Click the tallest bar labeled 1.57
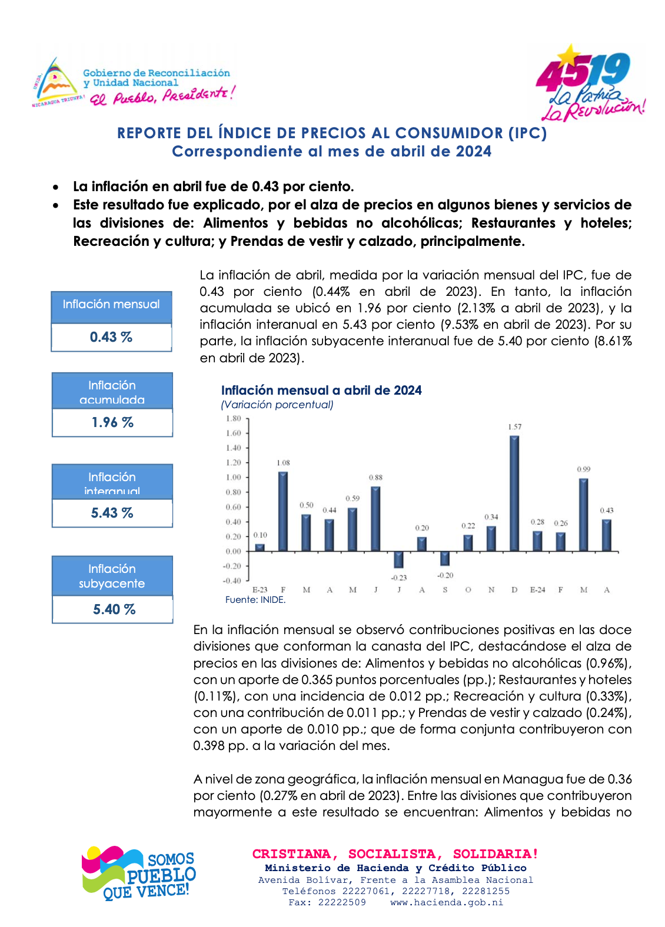pyautogui.click(x=514, y=493)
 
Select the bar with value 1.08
pyautogui.click(x=283, y=511)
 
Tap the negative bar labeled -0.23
pyautogui.click(x=398, y=559)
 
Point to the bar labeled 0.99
pyautogui.click(x=583, y=515)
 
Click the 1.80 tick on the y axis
pyautogui.click(x=234, y=419)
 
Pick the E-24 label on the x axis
pyautogui.click(x=537, y=590)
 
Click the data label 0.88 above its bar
pyautogui.click(x=375, y=478)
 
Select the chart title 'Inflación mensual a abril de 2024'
pyautogui.click(x=321, y=391)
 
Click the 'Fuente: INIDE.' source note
pyautogui.click(x=255, y=600)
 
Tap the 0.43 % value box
pyautogui.click(x=111, y=338)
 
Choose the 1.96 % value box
pyautogui.click(x=112, y=423)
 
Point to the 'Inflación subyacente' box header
pyautogui.click(x=112, y=576)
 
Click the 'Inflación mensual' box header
pyautogui.click(x=111, y=305)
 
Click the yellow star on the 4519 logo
pyautogui.click(x=568, y=55)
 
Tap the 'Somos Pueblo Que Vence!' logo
pyautogui.click(x=139, y=873)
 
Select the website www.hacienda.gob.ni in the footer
pyautogui.click(x=447, y=902)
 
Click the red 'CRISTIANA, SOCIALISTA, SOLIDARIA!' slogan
pyautogui.click(x=395, y=853)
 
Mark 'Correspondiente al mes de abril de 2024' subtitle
pyautogui.click(x=331, y=152)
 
